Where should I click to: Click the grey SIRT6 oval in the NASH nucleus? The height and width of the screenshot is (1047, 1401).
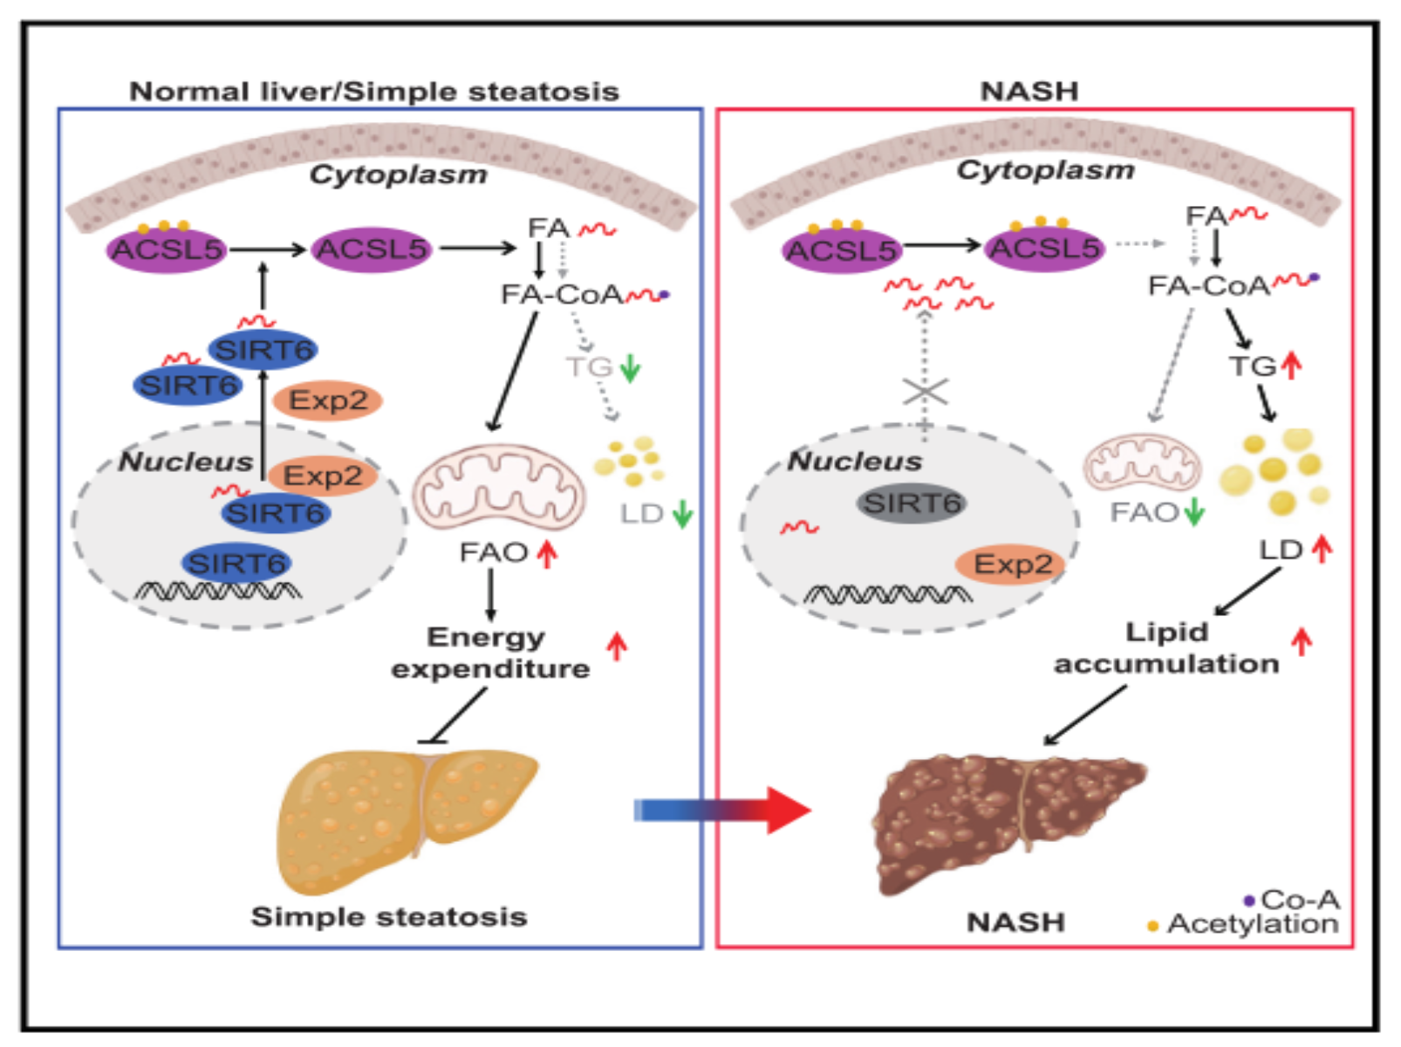pyautogui.click(x=912, y=503)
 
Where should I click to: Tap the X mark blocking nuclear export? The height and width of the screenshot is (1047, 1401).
pyautogui.click(x=926, y=392)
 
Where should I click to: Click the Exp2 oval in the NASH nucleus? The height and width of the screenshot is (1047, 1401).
pyautogui.click(x=1012, y=565)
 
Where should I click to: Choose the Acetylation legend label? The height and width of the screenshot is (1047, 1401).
pyautogui.click(x=1252, y=924)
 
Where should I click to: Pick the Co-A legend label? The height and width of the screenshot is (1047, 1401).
pyautogui.click(x=1300, y=900)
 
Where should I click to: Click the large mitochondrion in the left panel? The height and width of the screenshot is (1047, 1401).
pyautogui.click(x=498, y=487)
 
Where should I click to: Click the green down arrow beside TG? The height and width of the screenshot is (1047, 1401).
pyautogui.click(x=630, y=368)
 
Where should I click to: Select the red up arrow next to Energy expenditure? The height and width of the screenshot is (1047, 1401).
pyautogui.click(x=617, y=647)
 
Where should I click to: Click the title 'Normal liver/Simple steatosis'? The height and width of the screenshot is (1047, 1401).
pyautogui.click(x=374, y=92)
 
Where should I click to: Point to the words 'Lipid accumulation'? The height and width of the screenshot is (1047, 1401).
pyautogui.click(x=1166, y=648)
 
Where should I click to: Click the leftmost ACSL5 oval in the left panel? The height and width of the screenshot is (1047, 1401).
pyautogui.click(x=167, y=250)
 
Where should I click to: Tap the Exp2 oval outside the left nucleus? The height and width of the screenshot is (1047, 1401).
pyautogui.click(x=328, y=400)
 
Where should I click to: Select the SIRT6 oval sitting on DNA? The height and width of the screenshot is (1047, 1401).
pyautogui.click(x=236, y=564)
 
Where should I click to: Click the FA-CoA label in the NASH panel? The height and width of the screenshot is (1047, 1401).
pyautogui.click(x=1208, y=286)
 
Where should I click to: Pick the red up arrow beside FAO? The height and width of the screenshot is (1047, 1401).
pyautogui.click(x=547, y=553)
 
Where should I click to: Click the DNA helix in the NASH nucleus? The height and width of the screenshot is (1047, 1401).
pyautogui.click(x=887, y=595)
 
